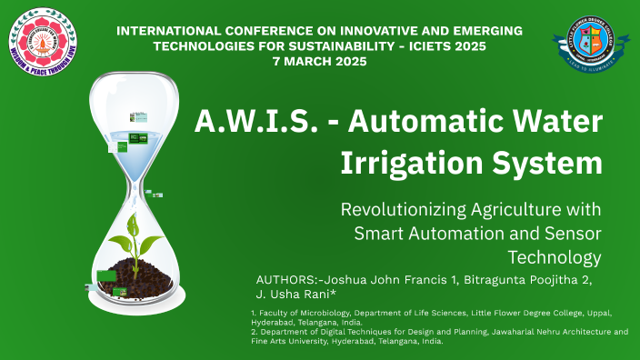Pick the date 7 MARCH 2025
319,61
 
